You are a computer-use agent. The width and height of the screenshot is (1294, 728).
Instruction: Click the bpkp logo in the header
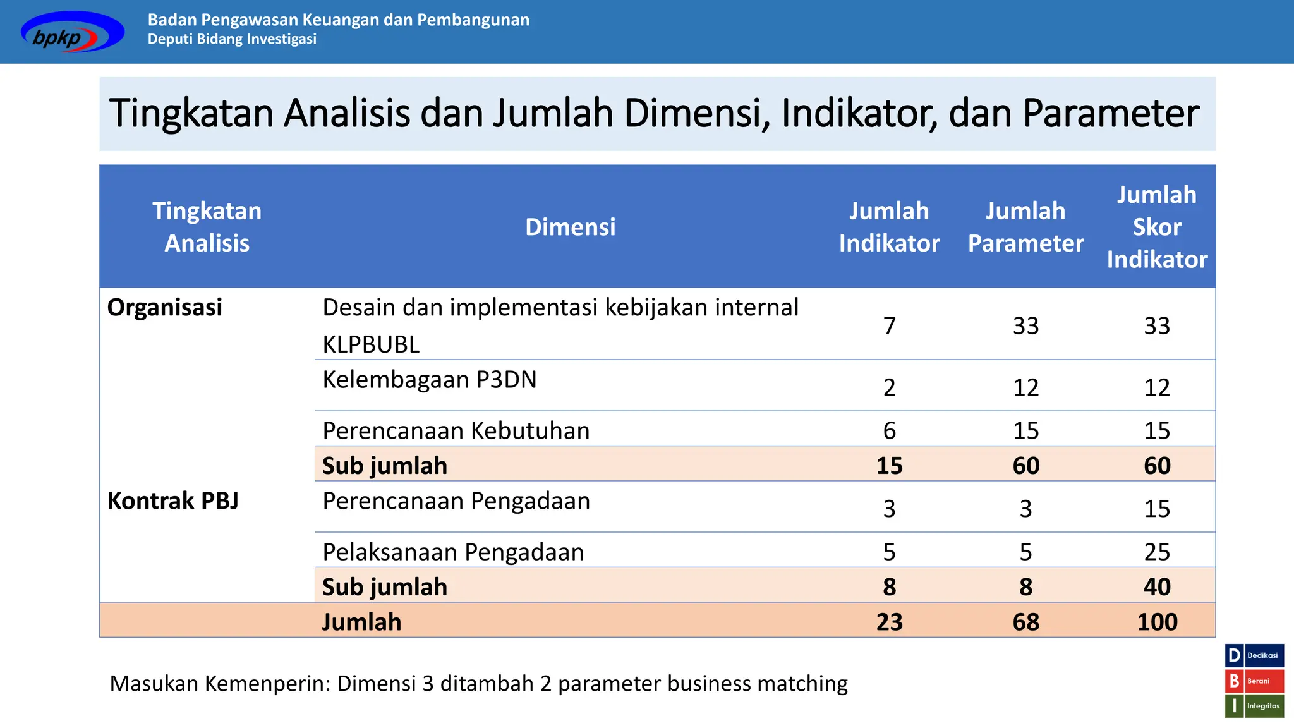point(72,32)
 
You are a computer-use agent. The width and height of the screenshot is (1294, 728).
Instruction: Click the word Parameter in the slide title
point(1110,114)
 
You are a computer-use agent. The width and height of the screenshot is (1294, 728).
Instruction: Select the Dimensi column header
point(570,227)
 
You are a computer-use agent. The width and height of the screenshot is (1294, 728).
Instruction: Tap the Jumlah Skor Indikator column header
point(1156,227)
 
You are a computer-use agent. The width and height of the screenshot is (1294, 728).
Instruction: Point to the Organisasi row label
point(165,308)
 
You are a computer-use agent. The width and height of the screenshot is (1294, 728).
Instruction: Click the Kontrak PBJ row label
point(172,501)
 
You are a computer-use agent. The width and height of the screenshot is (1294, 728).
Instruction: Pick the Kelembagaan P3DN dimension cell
point(429,380)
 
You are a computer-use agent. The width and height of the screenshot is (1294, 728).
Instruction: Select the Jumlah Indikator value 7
point(889,326)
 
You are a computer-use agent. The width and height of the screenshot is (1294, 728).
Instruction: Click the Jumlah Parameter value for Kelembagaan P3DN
point(1025,387)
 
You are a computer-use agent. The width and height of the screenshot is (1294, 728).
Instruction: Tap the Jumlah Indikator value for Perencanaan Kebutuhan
point(889,431)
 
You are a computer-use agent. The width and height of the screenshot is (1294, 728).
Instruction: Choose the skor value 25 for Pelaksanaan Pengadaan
point(1156,552)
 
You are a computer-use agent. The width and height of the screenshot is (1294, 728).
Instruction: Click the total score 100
point(1156,622)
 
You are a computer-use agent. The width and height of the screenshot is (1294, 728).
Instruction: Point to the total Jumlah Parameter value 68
point(1025,622)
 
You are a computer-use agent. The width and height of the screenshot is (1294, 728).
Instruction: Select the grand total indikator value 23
point(889,622)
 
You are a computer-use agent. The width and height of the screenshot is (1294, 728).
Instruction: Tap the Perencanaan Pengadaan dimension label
point(456,501)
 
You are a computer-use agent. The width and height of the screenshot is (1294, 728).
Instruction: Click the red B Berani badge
point(1254,681)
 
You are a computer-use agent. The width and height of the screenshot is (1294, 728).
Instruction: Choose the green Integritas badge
point(1254,707)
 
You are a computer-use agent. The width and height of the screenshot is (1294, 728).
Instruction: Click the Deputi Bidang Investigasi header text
point(232,39)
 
